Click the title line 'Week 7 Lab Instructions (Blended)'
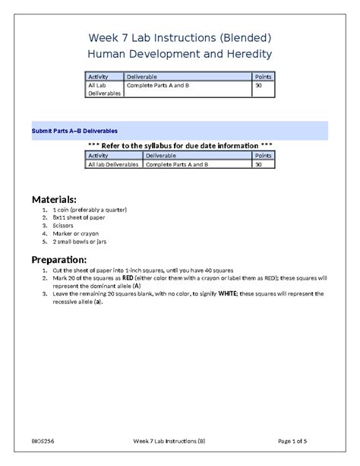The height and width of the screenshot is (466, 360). click(179, 36)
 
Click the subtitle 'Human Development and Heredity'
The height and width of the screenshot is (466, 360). click(179, 54)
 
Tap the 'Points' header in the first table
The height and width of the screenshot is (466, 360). click(263, 77)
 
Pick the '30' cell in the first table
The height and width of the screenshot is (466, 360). click(259, 86)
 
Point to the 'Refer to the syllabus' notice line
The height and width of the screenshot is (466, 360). click(179, 145)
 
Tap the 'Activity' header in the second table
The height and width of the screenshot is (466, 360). click(98, 155)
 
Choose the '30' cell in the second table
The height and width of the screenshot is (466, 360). click(259, 164)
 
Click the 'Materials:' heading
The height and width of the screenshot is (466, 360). click(54, 199)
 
